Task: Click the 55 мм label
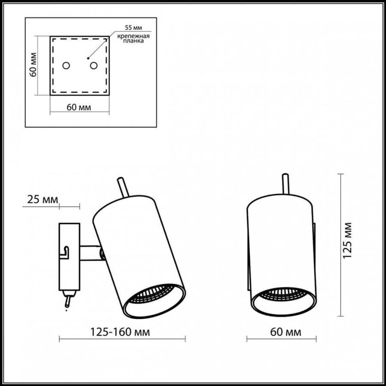(x=132, y=28)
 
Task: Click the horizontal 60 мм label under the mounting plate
(x=79, y=107)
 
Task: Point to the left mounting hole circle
(x=66, y=65)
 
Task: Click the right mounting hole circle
(x=93, y=65)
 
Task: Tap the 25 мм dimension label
(x=41, y=200)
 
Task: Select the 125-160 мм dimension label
(x=120, y=331)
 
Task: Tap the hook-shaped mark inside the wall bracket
(x=66, y=253)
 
